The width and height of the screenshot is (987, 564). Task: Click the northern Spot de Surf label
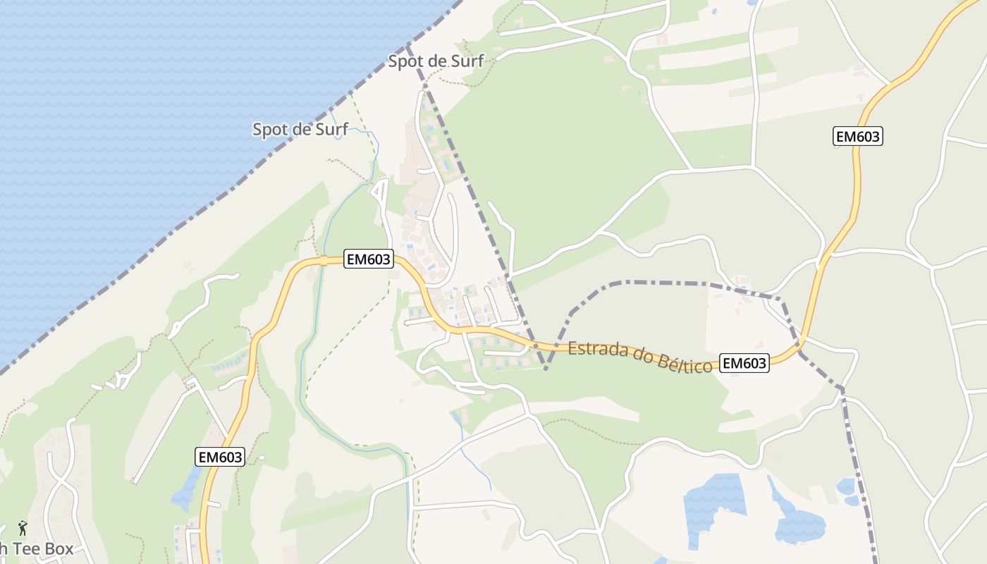(436, 61)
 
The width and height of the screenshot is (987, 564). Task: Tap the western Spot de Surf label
(300, 130)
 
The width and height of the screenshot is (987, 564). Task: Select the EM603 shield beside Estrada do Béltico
(745, 363)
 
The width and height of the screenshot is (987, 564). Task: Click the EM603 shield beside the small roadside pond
(219, 457)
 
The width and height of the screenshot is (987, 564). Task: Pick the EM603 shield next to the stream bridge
(368, 259)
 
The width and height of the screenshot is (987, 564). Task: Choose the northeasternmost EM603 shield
(858, 137)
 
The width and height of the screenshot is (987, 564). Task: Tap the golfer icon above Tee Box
(23, 527)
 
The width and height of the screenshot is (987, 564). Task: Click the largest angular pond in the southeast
(713, 504)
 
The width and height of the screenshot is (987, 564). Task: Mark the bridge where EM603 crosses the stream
(324, 260)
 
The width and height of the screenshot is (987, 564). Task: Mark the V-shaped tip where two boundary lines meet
(546, 368)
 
